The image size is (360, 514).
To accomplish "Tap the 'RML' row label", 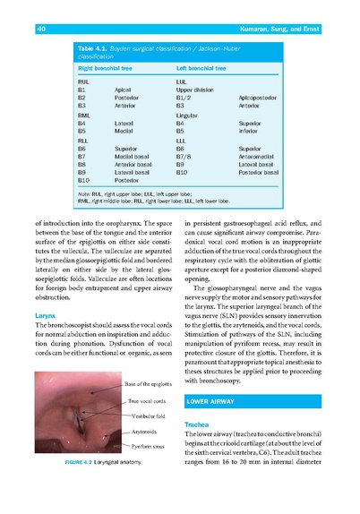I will tap(86, 116).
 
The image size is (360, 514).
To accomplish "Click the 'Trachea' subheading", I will tap(196, 424).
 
